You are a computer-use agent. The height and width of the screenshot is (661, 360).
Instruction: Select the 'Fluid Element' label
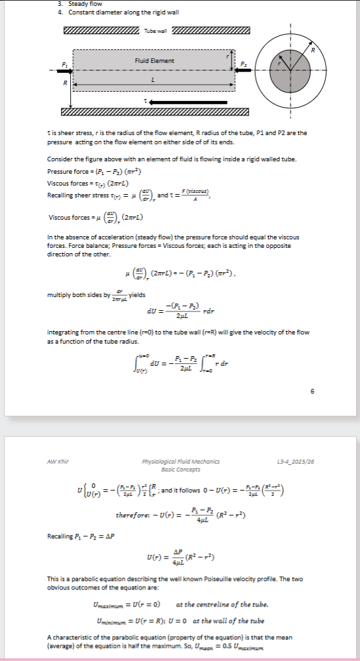coord(154,61)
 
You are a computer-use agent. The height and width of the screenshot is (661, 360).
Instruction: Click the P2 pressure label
coord(243,64)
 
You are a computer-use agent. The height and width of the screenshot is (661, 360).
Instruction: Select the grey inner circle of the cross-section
coord(289,71)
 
